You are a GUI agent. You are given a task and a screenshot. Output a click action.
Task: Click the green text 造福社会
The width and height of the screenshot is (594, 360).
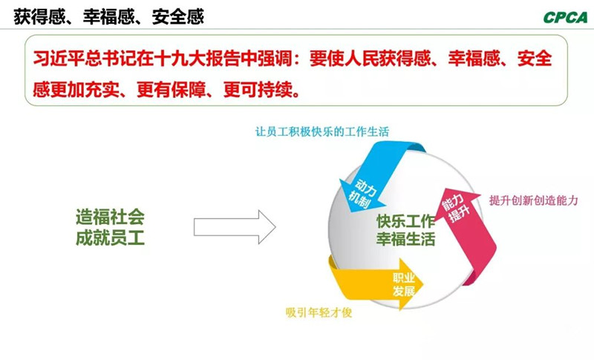110,219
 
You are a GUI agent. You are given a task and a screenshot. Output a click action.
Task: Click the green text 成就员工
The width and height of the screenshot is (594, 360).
110,239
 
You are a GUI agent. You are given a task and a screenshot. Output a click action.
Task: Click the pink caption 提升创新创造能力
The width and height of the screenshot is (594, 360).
532,200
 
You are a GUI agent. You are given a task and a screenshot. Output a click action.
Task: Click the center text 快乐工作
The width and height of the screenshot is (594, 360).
405,221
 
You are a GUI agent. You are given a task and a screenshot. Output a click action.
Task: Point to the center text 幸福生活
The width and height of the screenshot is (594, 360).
405,240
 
